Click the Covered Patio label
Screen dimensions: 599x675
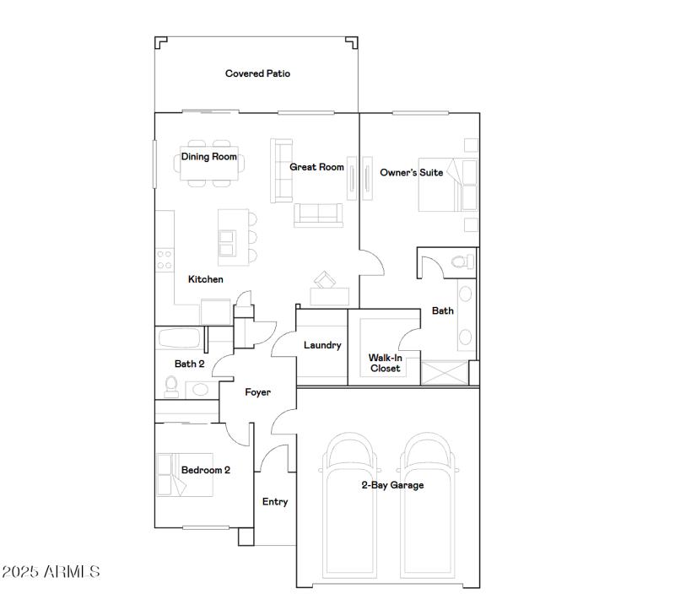[257, 74]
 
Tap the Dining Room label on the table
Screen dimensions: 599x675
[209, 157]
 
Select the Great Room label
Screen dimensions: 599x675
[316, 167]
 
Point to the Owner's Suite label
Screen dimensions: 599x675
[411, 173]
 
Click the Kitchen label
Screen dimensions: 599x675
[205, 279]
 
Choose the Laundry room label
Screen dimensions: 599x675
[322, 345]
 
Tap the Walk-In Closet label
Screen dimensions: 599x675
[385, 363]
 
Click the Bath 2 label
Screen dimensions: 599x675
[189, 364]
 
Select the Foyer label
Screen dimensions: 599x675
[257, 392]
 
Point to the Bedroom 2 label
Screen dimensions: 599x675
[205, 471]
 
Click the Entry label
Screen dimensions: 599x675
[275, 502]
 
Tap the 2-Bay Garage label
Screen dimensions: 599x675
[392, 485]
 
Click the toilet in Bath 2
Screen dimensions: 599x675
[171, 387]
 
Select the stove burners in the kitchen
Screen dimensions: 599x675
[165, 260]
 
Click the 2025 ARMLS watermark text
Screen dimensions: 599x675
[51, 572]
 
